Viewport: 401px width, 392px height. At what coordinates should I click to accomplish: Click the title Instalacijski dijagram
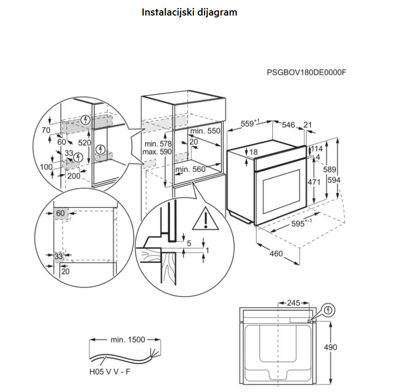[x=189, y=13]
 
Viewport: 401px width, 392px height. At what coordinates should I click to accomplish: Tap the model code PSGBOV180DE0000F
[x=306, y=73]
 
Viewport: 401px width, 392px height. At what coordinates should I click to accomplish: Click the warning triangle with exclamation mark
[x=205, y=219]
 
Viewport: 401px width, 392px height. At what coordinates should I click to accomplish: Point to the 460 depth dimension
[x=276, y=253]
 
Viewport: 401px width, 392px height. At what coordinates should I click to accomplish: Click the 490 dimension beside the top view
[x=330, y=347]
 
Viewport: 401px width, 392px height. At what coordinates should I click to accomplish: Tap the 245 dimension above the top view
[x=293, y=303]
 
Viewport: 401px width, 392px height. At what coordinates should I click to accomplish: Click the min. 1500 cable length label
[x=128, y=340]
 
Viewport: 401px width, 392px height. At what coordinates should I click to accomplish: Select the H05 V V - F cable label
[x=110, y=372]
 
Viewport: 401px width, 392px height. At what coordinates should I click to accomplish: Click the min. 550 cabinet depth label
[x=205, y=131]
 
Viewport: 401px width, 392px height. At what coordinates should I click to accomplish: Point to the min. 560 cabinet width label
[x=191, y=169]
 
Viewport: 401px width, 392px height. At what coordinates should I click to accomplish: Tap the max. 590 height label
[x=157, y=152]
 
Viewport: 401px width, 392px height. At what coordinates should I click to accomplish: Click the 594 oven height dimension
[x=334, y=180]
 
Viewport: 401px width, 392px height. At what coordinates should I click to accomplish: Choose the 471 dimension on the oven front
[x=314, y=182]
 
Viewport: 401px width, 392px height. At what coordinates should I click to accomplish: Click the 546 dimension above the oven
[x=289, y=125]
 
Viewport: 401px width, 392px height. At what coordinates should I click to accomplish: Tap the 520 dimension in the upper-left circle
[x=84, y=143]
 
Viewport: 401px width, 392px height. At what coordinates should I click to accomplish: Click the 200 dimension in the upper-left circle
[x=73, y=176]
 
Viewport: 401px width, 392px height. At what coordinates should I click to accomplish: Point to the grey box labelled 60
[x=61, y=213]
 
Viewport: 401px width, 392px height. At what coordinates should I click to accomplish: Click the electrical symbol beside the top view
[x=328, y=310]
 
